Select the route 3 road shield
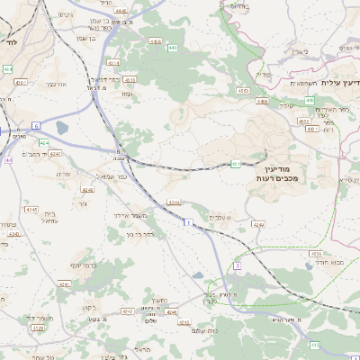(237, 266)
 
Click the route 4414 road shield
(112, 63)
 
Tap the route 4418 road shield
(156, 41)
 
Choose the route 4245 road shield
(31, 209)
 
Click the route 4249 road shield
(258, 224)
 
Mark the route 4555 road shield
(316, 255)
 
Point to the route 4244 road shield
(174, 202)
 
